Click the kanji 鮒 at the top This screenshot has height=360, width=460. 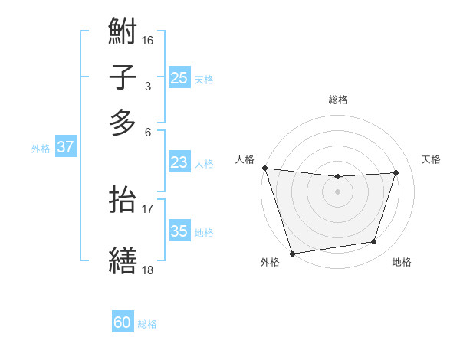tap(123, 33)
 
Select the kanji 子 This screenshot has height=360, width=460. tap(123, 78)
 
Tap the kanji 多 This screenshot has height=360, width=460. tap(123, 123)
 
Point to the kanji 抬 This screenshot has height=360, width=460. tap(123, 200)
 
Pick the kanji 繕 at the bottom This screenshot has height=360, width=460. tap(123, 260)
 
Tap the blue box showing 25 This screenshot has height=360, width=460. tap(179, 77)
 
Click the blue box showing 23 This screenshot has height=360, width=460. tap(179, 162)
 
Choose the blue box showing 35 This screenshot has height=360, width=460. tap(179, 231)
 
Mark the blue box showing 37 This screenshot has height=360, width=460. tap(65, 147)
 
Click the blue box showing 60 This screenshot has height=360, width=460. tap(123, 322)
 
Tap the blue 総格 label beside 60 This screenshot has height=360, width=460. tap(147, 324)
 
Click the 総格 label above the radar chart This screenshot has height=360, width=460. tap(338, 100)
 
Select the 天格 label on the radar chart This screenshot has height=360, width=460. tap(431, 159)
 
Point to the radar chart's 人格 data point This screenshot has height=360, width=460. tap(264, 168)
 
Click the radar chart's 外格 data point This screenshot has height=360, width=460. tap(292, 253)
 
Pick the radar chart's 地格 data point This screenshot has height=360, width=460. tap(374, 242)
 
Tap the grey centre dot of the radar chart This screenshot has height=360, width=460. tap(338, 191)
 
